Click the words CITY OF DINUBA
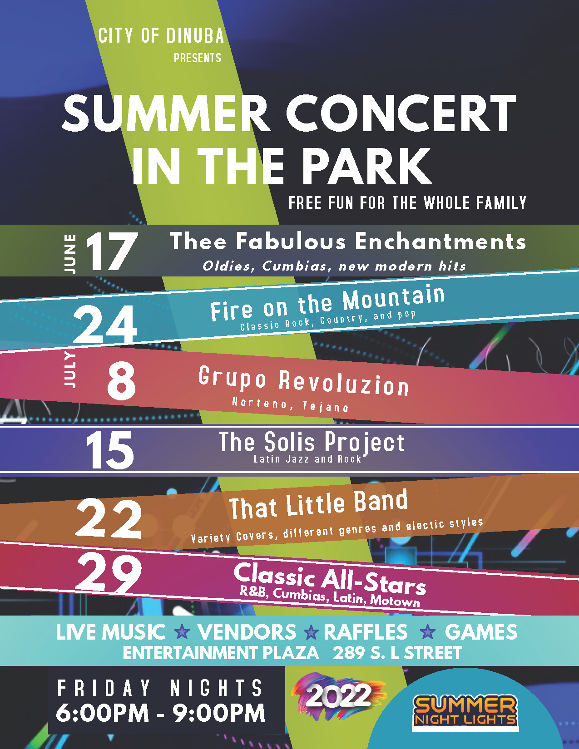pyautogui.click(x=161, y=36)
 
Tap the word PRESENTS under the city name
pyautogui.click(x=198, y=58)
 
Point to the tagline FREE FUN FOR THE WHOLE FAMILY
pyautogui.click(x=408, y=202)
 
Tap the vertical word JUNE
pyautogui.click(x=70, y=254)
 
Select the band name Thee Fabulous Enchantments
pyautogui.click(x=348, y=241)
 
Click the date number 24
pyautogui.click(x=105, y=325)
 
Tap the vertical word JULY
pyautogui.click(x=70, y=370)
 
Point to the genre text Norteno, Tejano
pyautogui.click(x=290, y=404)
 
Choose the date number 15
pyautogui.click(x=109, y=449)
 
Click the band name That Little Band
pyautogui.click(x=318, y=504)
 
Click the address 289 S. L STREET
pyautogui.click(x=397, y=653)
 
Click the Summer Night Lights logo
pyautogui.click(x=465, y=711)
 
